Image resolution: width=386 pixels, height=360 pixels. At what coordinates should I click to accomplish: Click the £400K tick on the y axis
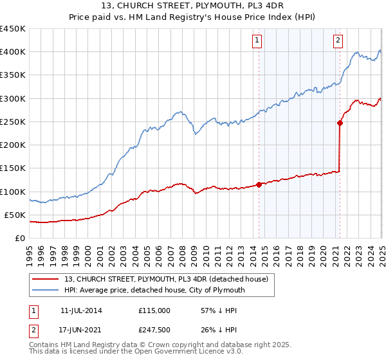coord(13,52)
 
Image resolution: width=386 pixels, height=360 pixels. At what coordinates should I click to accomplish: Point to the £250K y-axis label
coord(13,122)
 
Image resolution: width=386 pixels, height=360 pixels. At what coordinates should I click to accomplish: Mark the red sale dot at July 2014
coord(259,184)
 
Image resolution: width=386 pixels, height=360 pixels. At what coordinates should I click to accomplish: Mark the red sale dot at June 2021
coord(340,123)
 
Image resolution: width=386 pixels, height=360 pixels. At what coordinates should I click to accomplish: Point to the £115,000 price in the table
coord(154,310)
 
